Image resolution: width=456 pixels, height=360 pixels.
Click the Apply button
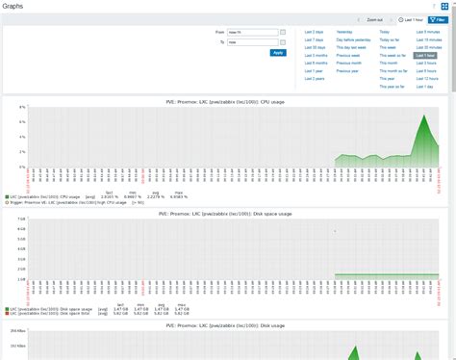[x=278, y=53]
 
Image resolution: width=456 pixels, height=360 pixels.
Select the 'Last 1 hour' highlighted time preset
[x=424, y=56]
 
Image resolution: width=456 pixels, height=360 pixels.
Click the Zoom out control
[x=374, y=19]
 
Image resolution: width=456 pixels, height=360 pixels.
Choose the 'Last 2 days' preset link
[x=315, y=32]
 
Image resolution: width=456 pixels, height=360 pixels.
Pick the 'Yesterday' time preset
[x=344, y=32]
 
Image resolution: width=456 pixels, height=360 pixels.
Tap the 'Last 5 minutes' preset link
[x=427, y=32]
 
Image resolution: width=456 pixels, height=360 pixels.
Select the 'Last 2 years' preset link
[x=315, y=79]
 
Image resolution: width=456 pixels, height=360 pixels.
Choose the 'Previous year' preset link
[x=347, y=71]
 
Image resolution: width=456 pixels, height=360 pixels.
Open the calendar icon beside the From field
[x=283, y=32]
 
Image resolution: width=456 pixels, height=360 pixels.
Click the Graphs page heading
[x=13, y=6]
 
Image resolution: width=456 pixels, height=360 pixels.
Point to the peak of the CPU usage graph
[x=424, y=116]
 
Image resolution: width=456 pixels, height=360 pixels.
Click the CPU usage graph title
[x=227, y=100]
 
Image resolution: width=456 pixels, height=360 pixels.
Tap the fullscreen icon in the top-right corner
[x=445, y=6]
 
